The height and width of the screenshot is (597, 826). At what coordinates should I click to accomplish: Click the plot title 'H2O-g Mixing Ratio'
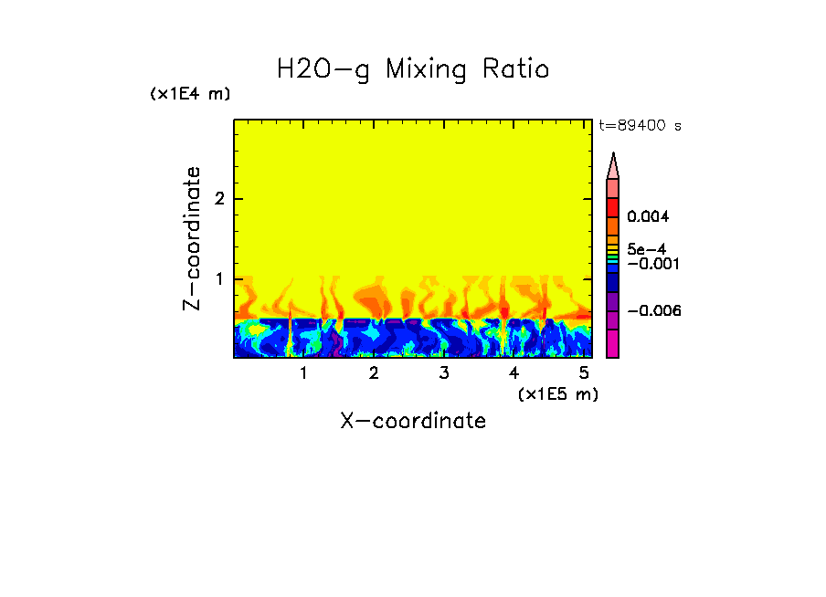413,69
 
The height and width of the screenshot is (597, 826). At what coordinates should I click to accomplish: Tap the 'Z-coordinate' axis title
192,238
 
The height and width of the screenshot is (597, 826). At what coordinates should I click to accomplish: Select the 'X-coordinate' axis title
413,421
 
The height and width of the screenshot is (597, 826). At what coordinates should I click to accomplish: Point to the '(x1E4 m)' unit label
190,94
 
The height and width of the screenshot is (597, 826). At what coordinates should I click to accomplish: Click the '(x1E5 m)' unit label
557,393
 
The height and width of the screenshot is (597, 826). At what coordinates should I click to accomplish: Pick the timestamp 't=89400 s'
640,126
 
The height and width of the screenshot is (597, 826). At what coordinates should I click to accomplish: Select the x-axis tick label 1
303,373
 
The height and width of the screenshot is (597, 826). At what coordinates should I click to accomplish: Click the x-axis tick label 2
374,373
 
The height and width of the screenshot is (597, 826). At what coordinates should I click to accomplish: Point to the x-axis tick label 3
443,373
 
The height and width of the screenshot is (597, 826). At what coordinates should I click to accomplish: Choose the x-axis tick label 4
514,373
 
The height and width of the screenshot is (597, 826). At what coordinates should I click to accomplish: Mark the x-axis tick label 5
583,373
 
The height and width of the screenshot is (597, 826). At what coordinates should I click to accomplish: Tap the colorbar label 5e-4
646,248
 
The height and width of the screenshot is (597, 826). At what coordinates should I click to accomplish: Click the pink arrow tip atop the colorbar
613,165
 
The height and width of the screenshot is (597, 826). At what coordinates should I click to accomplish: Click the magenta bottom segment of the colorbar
613,343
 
